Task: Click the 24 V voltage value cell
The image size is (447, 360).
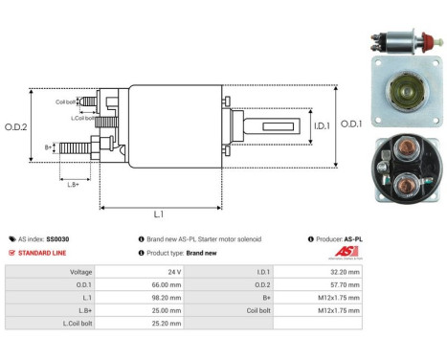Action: coord(173,271)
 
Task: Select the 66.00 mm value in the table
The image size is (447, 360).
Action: coord(168,284)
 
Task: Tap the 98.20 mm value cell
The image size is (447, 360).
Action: coord(168,298)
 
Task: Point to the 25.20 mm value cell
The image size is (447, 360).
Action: coord(168,325)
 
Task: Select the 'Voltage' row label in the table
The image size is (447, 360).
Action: coord(81,271)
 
